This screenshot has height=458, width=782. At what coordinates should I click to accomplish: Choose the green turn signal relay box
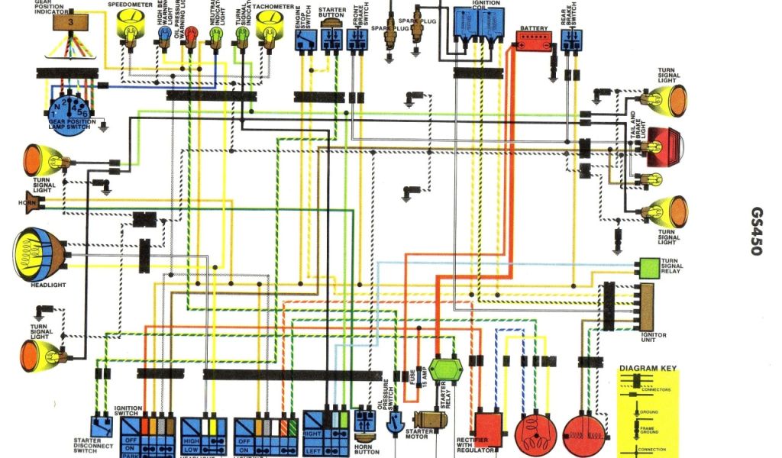649,268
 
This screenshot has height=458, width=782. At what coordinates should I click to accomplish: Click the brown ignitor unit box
647,305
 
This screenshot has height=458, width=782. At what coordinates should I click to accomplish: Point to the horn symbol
34,203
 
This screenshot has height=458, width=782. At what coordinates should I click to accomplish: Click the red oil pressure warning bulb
191,33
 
